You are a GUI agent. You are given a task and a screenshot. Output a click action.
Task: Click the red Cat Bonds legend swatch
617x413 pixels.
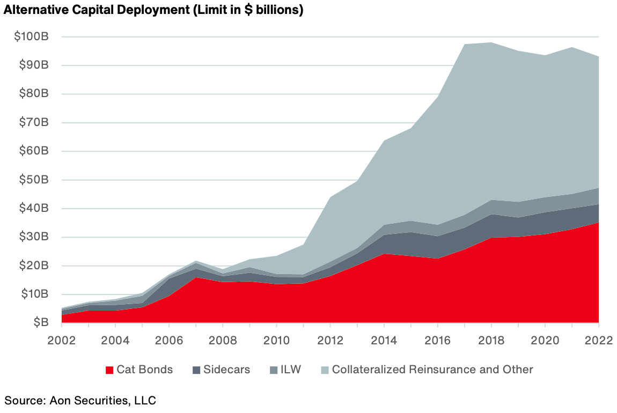tap(110, 370)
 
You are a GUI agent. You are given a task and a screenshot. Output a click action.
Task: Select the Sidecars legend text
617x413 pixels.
tap(227, 370)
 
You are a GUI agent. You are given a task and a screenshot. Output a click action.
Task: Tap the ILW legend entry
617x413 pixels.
tap(290, 370)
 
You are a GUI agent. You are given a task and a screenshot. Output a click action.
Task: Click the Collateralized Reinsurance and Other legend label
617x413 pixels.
tap(432, 370)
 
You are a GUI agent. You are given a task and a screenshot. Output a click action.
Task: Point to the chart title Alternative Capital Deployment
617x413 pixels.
tap(153, 11)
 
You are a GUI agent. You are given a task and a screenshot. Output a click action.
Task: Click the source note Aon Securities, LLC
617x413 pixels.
tap(81, 400)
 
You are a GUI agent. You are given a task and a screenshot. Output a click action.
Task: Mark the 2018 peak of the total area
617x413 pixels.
tap(491, 42)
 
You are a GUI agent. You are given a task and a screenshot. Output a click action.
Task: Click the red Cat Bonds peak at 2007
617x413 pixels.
tap(196, 277)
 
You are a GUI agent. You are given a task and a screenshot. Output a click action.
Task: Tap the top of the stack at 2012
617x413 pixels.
tap(330, 197)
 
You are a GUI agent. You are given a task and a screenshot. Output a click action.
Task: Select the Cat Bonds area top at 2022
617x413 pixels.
tap(598, 223)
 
